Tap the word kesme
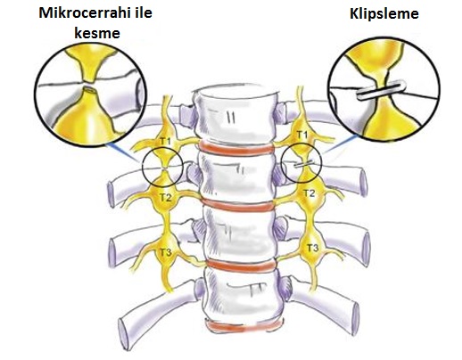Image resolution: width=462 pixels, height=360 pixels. click(x=97, y=33)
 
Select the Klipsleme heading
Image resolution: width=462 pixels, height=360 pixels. click(x=384, y=14)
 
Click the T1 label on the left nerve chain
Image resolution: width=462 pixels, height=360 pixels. click(x=165, y=142)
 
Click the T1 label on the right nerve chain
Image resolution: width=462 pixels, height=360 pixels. click(x=302, y=135)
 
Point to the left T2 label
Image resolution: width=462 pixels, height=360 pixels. click(x=166, y=197)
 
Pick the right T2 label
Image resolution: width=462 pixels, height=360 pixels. click(x=309, y=193)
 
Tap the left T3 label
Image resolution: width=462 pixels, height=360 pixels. click(x=166, y=253)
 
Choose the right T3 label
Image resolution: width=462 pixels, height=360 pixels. click(x=312, y=247)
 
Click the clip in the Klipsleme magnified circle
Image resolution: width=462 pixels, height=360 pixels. click(x=381, y=90)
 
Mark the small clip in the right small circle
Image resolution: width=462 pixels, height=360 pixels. click(x=303, y=164)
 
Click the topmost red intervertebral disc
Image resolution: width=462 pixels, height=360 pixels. click(x=236, y=148)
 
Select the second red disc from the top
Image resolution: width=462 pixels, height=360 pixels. click(x=237, y=205)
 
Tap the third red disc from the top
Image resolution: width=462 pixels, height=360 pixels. click(x=241, y=266)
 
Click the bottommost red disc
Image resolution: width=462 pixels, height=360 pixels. click(x=243, y=325)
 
